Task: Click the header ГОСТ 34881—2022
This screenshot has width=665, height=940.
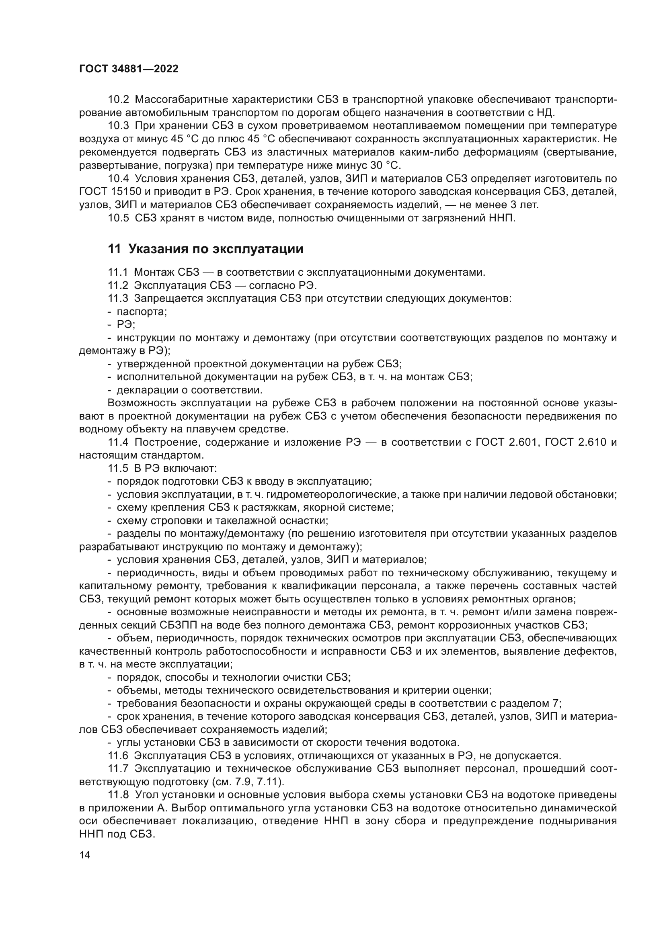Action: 129,69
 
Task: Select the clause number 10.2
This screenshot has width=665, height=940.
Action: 118,100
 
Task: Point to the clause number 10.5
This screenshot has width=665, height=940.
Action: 118,218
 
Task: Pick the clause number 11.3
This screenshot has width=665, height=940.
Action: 118,299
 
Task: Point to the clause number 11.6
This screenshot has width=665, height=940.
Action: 118,756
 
